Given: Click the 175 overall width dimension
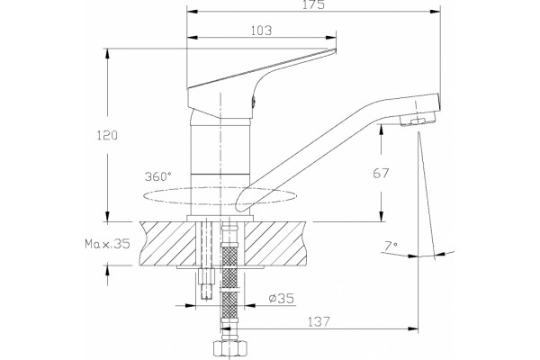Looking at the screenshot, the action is point(313,4).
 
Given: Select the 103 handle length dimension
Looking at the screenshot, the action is point(261,31).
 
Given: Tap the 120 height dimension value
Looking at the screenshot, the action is point(107,135).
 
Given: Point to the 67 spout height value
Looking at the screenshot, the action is point(381,173).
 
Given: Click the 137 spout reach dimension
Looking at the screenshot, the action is point(319,322).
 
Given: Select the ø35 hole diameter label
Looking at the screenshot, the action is point(282,298).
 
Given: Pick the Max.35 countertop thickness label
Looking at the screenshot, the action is point(107,244).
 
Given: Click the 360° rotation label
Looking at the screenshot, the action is point(158,176).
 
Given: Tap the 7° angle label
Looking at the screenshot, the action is point(391,246).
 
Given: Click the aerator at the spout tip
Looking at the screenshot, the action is point(418,120).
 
